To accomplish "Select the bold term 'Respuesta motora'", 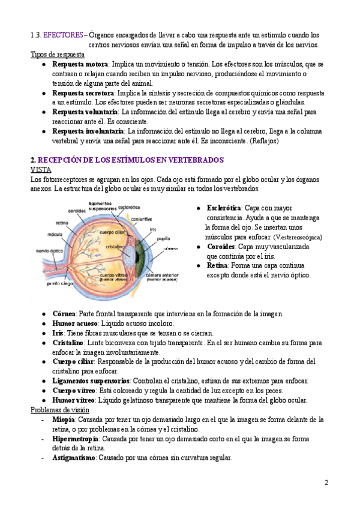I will click(x=80, y=64).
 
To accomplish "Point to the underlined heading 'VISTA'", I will click(x=40, y=170).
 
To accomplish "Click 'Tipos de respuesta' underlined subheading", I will click(x=58, y=55).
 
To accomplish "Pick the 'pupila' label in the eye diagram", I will click(x=163, y=239).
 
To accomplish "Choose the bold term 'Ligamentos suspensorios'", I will click(x=91, y=381).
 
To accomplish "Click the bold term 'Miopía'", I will click(x=64, y=420).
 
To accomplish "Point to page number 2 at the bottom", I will click(x=326, y=483).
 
